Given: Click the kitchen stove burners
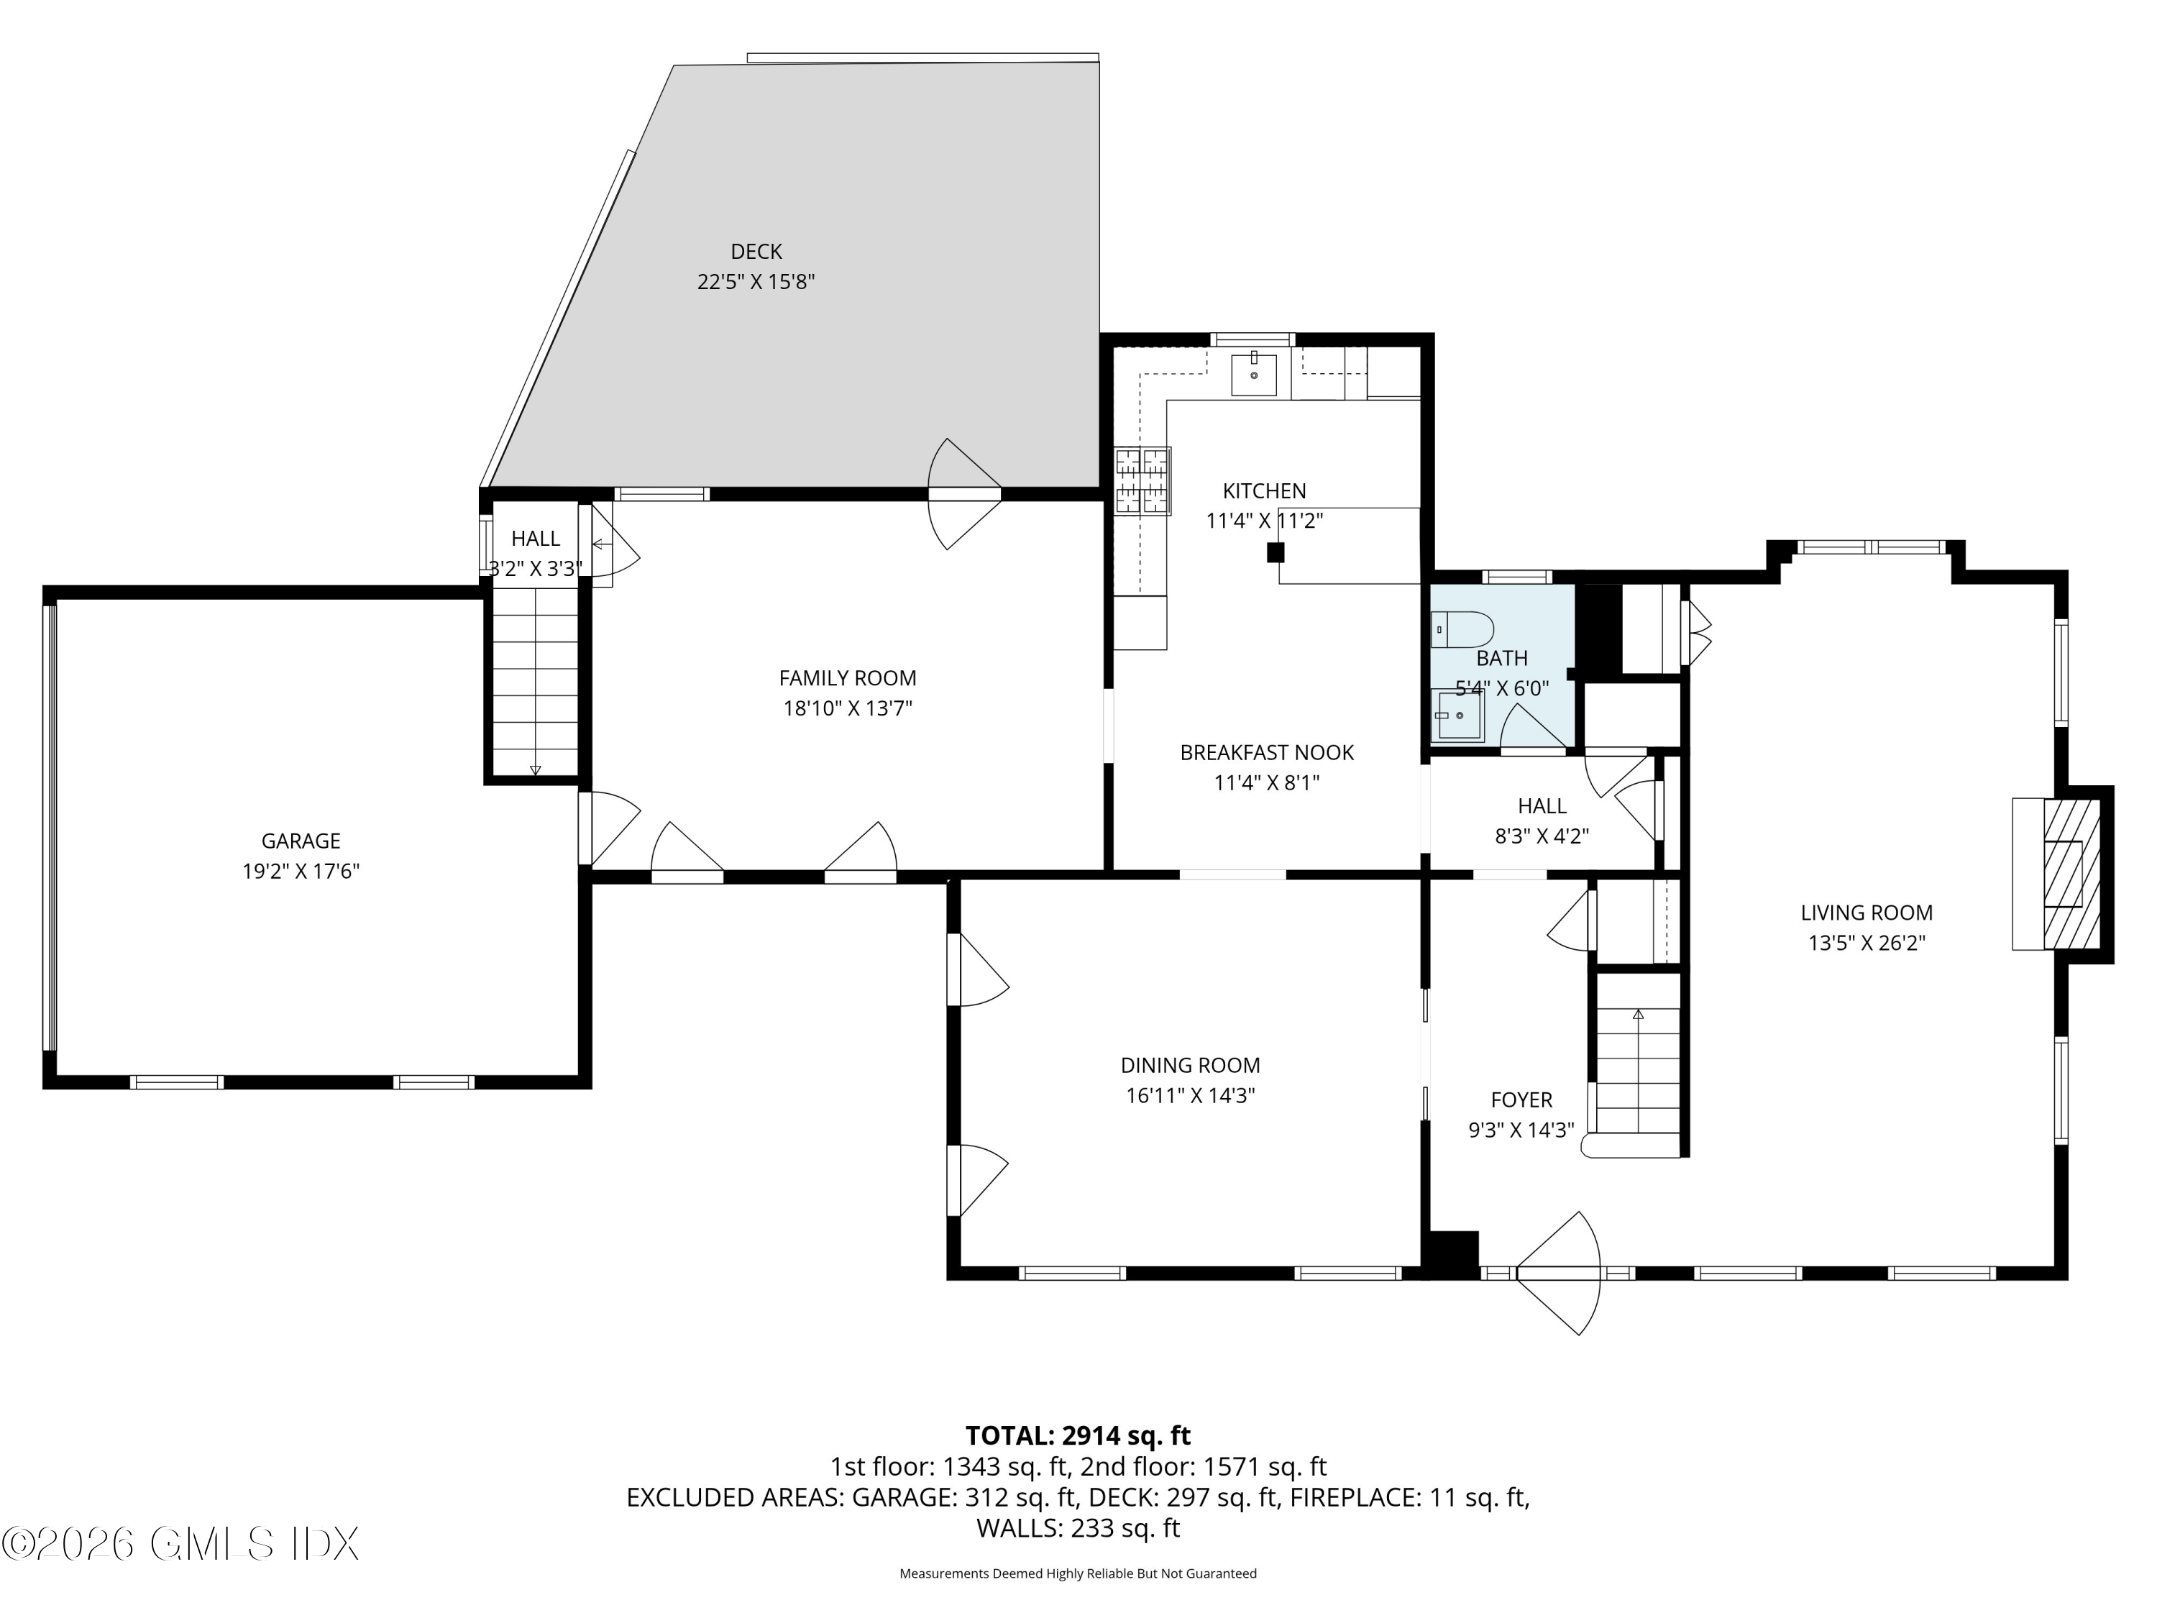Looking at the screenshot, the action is (x=1143, y=480).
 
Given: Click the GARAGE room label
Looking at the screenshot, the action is (x=301, y=841).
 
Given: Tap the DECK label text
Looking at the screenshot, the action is (x=756, y=252).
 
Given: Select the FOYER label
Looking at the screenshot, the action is (x=1521, y=1100).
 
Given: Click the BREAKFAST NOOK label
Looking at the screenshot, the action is (x=1267, y=753).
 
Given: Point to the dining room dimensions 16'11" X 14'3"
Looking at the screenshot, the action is (x=1191, y=1095).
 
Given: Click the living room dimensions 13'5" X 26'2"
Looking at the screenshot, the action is (x=1867, y=943).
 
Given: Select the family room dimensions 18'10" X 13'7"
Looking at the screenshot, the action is (x=848, y=708).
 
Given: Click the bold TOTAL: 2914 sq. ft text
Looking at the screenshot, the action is (x=1078, y=1435).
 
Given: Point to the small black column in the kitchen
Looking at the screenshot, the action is (x=1276, y=553).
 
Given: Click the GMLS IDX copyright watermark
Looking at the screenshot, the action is (x=181, y=1544).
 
